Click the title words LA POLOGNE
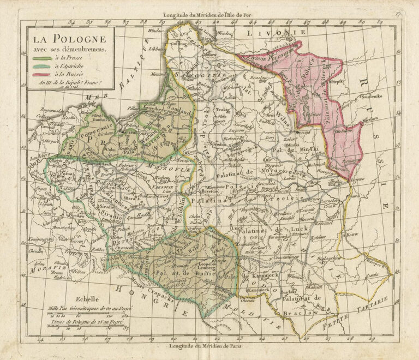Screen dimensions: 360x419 [68, 39]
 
